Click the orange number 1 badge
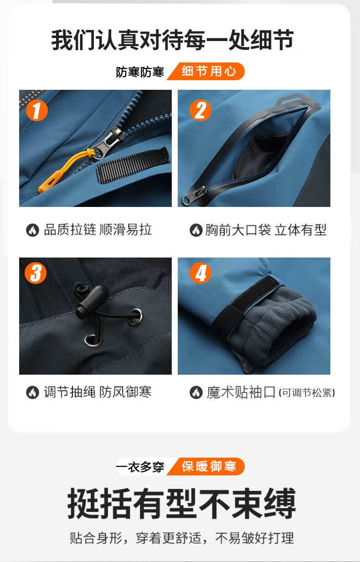[37, 110]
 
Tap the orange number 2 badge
[200, 110]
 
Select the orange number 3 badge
[36, 273]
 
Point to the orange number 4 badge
[200, 273]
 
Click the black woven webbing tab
[133, 165]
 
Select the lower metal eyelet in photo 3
[93, 340]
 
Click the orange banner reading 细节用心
[206, 71]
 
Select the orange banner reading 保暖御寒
[206, 466]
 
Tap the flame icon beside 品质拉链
[33, 230]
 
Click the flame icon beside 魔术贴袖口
[196, 392]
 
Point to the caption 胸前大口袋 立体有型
[266, 230]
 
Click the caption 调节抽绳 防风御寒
[98, 392]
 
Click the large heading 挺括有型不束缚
[181, 503]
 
